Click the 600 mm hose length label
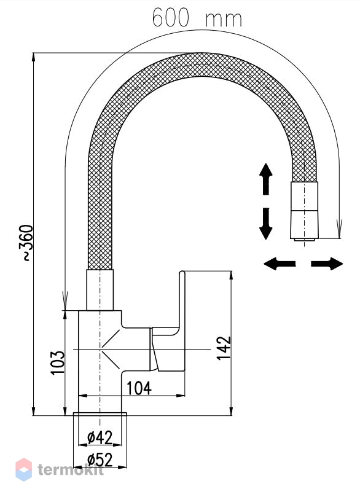(x=197, y=18)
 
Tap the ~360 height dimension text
(x=28, y=243)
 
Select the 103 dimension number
(x=58, y=362)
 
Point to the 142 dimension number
(x=224, y=348)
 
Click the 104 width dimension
(x=139, y=388)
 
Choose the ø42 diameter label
(x=100, y=438)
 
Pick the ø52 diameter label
(x=100, y=460)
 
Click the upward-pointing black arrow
(x=266, y=179)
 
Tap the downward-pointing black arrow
(x=266, y=224)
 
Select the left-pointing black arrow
(x=280, y=264)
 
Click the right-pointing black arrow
(x=327, y=264)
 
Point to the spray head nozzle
(x=304, y=210)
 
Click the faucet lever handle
(x=168, y=322)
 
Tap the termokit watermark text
(x=71, y=469)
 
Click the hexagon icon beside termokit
(x=24, y=469)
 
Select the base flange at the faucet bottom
(x=100, y=414)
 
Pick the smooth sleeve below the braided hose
(x=100, y=290)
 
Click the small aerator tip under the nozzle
(x=304, y=240)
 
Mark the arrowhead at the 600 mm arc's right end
(x=339, y=229)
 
